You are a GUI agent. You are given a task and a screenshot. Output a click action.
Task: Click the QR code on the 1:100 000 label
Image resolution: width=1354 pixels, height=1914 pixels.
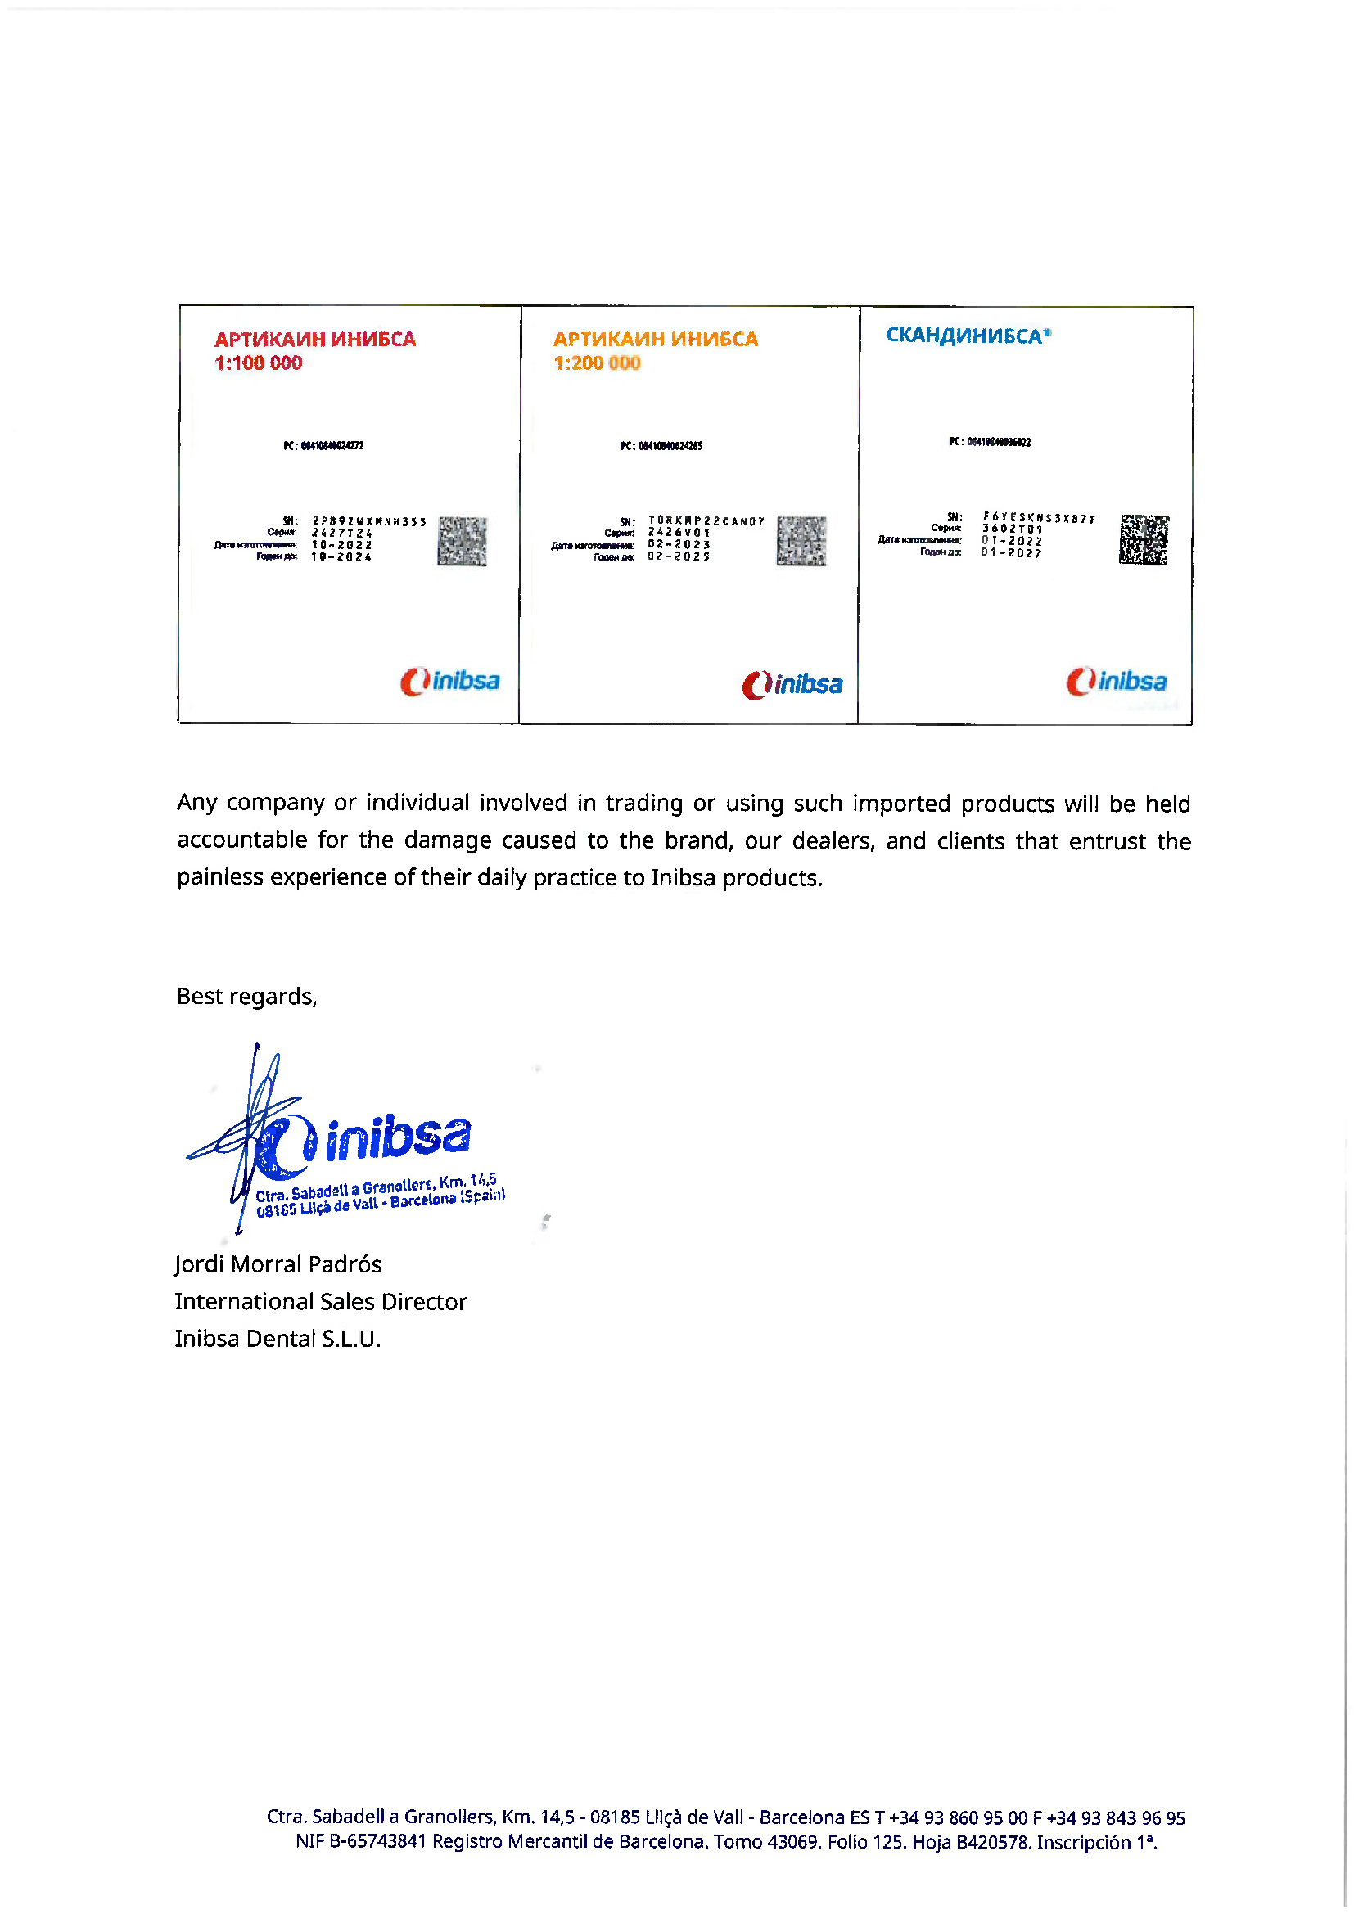(x=462, y=541)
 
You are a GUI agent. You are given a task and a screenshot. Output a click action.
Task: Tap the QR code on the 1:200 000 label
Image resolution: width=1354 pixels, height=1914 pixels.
(x=801, y=540)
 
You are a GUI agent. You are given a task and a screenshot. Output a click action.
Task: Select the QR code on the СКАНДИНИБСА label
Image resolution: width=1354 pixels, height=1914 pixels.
(x=1144, y=539)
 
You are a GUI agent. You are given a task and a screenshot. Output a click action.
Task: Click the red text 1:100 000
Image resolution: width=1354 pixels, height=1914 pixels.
(x=259, y=363)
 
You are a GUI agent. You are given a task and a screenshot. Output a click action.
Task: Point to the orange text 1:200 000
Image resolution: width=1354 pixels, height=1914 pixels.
(x=597, y=363)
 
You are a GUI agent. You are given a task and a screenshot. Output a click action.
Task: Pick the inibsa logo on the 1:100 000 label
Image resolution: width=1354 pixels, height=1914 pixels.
(x=450, y=681)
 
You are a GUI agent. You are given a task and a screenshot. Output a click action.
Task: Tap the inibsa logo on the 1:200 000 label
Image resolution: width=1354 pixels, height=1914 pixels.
(x=792, y=684)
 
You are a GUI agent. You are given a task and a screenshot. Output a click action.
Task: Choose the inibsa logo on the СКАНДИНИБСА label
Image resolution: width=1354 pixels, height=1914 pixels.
(x=1116, y=681)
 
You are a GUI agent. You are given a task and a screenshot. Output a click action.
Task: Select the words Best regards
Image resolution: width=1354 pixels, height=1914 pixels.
(x=246, y=996)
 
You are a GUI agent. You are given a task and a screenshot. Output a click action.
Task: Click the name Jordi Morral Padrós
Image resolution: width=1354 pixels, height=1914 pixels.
(x=278, y=1263)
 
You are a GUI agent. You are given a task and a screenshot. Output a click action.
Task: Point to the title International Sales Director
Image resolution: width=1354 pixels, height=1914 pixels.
(x=321, y=1301)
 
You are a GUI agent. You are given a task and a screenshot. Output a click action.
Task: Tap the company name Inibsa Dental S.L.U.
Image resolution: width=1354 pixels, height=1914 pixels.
(x=278, y=1338)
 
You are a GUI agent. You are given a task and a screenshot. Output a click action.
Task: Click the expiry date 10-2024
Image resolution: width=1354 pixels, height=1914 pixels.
(x=342, y=557)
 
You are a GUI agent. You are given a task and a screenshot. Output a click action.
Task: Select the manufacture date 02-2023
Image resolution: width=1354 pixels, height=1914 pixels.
(x=679, y=544)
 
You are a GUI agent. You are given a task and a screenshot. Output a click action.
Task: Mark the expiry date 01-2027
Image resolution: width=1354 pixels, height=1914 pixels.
(x=1011, y=552)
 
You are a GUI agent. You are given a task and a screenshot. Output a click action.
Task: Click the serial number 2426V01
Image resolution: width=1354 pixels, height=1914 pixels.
(x=679, y=532)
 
